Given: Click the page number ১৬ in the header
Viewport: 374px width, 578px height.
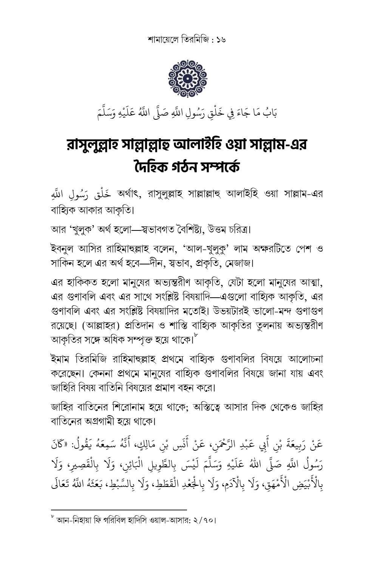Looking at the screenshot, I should tap(220, 39).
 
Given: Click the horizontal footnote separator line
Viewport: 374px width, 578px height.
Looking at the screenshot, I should tap(119, 510).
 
